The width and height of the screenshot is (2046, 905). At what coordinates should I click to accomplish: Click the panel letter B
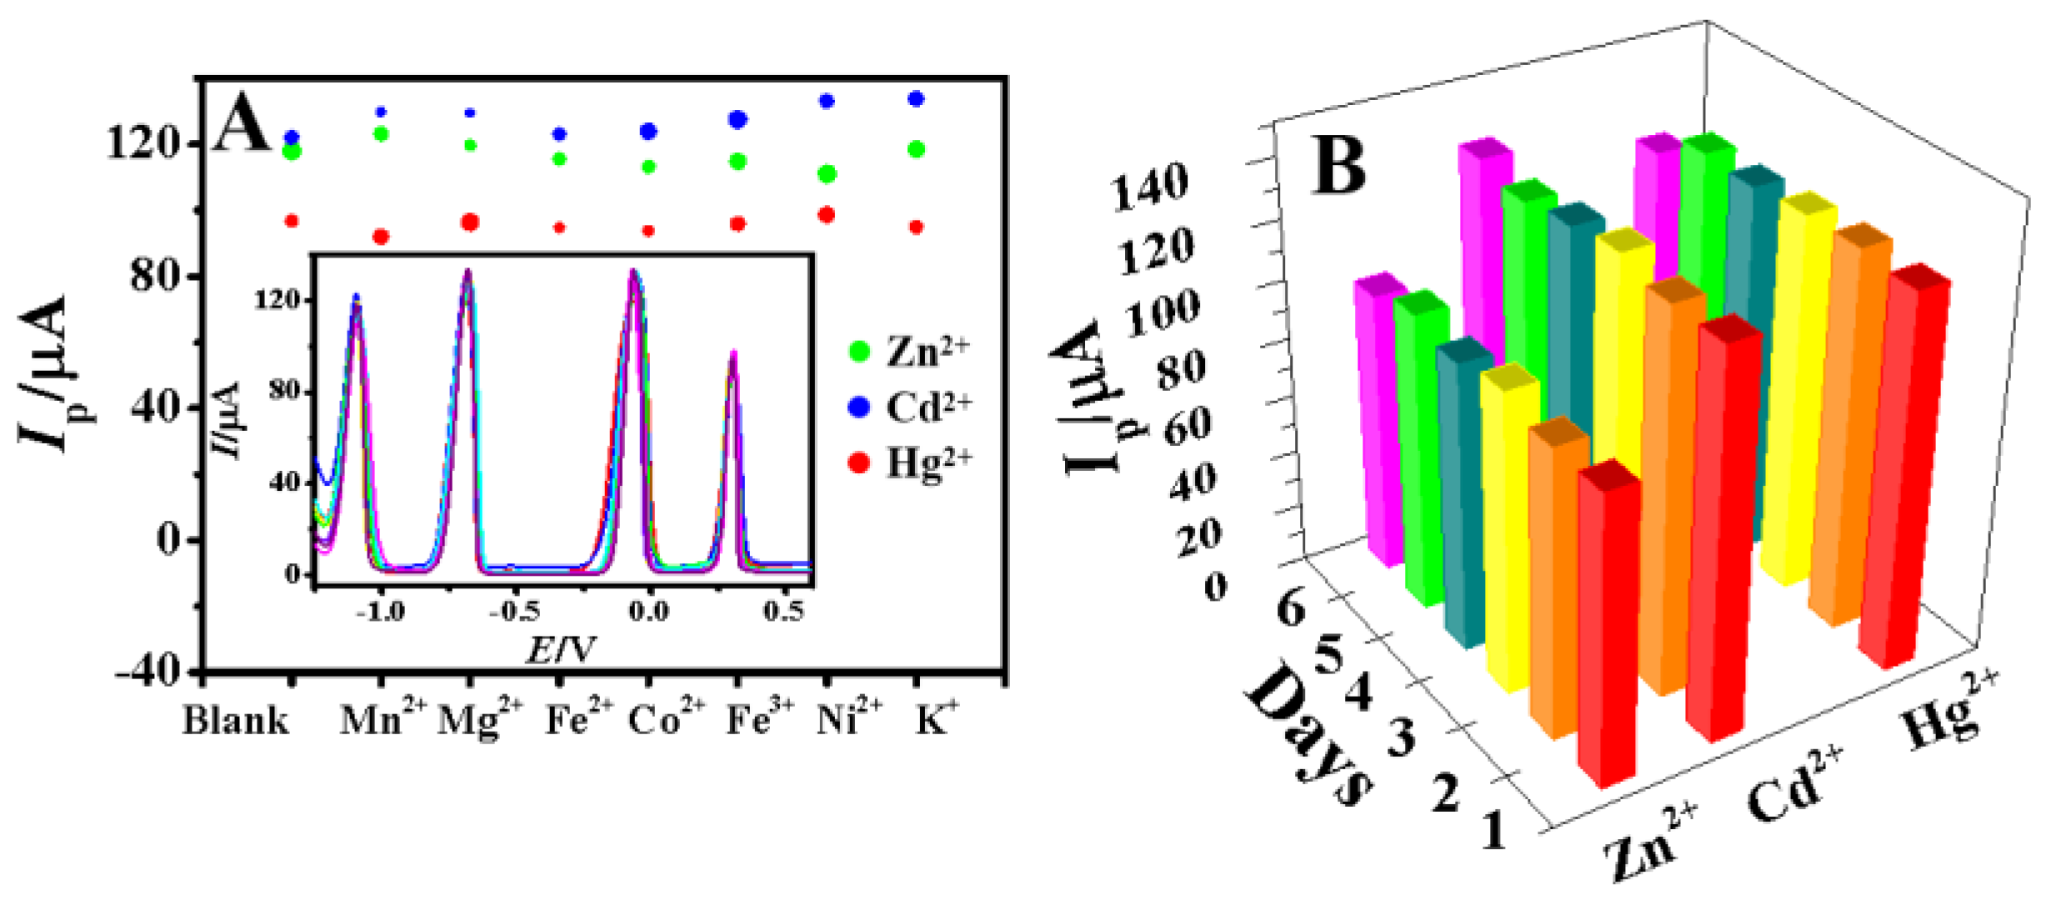point(1339,167)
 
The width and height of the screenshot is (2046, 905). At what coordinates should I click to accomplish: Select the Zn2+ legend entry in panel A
point(908,351)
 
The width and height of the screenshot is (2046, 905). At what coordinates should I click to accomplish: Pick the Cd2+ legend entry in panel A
point(908,407)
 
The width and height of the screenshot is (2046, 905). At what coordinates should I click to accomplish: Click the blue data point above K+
point(916,99)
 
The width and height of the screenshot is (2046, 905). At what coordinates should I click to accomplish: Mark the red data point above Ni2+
point(827,215)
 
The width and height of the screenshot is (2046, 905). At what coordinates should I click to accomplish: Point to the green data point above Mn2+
point(381,134)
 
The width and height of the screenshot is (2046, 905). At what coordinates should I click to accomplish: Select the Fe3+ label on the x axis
point(760,718)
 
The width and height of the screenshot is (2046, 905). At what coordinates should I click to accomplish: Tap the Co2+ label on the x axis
point(665,718)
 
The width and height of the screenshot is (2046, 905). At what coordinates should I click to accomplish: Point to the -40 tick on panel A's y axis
point(150,671)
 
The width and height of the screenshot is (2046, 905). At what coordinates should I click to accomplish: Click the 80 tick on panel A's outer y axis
point(157,276)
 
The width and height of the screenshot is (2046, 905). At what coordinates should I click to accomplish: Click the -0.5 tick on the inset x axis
point(514,612)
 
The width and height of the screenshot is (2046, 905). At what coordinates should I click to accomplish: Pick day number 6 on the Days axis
point(1289,610)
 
